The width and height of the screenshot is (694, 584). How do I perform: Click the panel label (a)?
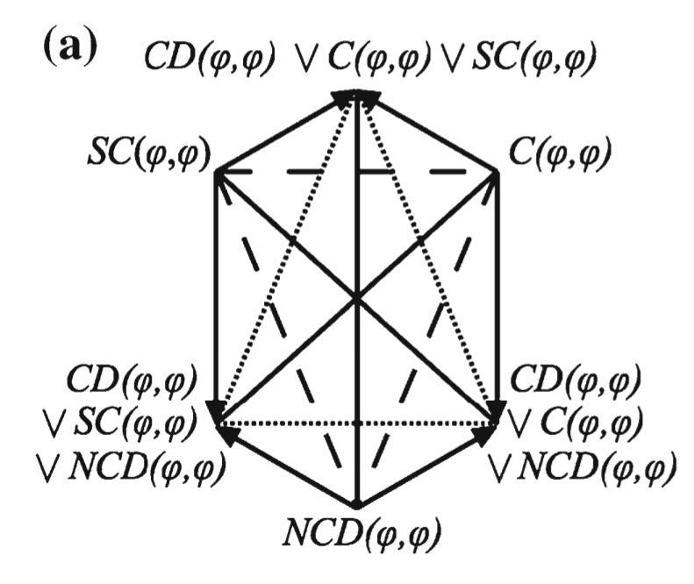[x=70, y=46]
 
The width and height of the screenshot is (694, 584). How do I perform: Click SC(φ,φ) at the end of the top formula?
[x=533, y=58]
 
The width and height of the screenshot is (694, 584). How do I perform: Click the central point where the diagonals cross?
[x=357, y=300]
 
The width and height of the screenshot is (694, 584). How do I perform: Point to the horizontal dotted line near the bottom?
[x=357, y=424]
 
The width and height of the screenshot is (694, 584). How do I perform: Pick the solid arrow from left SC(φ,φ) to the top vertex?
[x=283, y=132]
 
